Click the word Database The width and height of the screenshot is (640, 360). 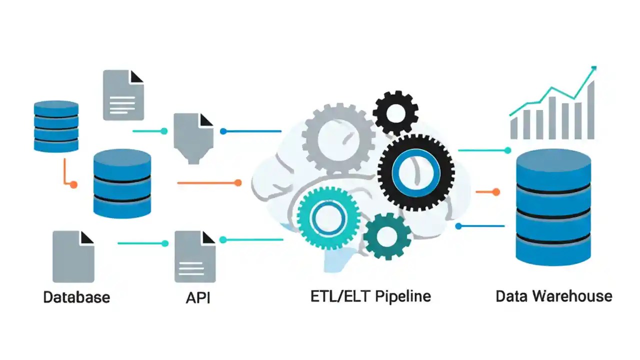point(76,297)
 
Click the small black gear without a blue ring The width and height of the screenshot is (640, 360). point(395,112)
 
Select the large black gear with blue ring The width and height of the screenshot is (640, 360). point(416,172)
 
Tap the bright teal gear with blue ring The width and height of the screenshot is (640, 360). point(328,217)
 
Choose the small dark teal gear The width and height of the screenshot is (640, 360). point(387,236)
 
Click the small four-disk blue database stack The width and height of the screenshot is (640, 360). point(56,126)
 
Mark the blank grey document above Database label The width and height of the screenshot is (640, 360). point(73,256)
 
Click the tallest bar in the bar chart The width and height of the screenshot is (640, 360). point(591,110)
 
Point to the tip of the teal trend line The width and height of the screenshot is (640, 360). point(594,67)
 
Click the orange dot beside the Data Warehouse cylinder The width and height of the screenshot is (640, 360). point(496,191)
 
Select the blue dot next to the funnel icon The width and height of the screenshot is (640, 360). point(223,131)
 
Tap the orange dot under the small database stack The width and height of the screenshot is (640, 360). point(73,184)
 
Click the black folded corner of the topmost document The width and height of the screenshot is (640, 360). point(137,76)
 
